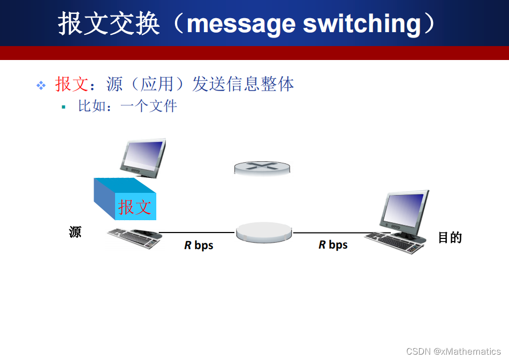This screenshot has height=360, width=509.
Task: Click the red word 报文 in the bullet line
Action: pyautogui.click(x=71, y=84)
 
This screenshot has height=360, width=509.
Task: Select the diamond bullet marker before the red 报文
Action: pyautogui.click(x=41, y=85)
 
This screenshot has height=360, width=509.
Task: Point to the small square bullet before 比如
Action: pyautogui.click(x=63, y=107)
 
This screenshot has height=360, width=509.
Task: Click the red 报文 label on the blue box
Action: pyautogui.click(x=135, y=207)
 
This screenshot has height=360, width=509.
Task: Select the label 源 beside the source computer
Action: pyautogui.click(x=75, y=232)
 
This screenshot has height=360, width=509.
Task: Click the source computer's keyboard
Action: pyautogui.click(x=134, y=237)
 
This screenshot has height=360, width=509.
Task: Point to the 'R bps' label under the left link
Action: pyautogui.click(x=199, y=245)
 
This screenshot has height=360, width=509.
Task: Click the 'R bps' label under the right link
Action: pyautogui.click(x=333, y=245)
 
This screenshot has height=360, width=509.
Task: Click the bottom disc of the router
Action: pyautogui.click(x=264, y=232)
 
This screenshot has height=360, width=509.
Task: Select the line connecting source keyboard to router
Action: pyautogui.click(x=197, y=232)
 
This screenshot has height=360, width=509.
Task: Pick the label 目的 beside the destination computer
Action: pyautogui.click(x=450, y=237)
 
